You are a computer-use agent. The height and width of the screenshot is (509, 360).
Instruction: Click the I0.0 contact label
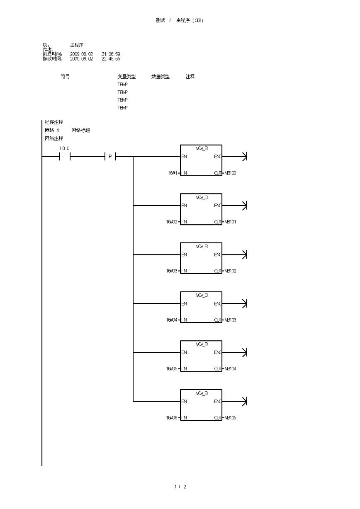click(x=64, y=148)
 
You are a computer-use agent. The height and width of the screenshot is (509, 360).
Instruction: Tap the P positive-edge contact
click(x=110, y=157)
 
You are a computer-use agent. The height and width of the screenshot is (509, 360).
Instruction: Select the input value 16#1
click(x=173, y=173)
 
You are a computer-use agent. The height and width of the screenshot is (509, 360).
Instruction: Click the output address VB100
click(x=230, y=173)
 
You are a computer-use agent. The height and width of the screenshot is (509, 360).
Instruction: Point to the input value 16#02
click(x=172, y=222)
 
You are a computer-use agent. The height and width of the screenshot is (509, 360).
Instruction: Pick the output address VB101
click(x=230, y=222)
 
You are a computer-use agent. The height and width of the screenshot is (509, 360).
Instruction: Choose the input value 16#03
click(x=172, y=271)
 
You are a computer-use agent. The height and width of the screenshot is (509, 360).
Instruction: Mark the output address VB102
click(x=230, y=271)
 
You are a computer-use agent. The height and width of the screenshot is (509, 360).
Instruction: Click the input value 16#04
click(x=172, y=320)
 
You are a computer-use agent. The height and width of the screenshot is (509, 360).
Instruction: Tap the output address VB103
click(x=230, y=320)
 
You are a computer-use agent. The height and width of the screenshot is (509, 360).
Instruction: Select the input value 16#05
click(x=172, y=368)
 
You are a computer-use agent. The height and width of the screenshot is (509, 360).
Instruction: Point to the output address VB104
click(x=230, y=368)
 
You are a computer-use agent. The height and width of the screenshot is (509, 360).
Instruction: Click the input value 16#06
click(x=172, y=417)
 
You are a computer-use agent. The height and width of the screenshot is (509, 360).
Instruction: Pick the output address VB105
click(x=230, y=417)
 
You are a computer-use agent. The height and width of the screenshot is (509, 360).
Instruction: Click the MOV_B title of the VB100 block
click(x=201, y=148)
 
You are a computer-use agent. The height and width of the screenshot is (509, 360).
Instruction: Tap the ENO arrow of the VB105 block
click(x=244, y=401)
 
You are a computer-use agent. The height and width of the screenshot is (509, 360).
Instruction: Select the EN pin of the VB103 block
click(x=184, y=303)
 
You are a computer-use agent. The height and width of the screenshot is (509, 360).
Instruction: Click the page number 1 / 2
click(x=180, y=487)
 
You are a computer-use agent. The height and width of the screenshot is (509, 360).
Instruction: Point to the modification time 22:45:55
click(x=111, y=59)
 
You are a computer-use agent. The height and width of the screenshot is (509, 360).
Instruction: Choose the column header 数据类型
click(x=161, y=77)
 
